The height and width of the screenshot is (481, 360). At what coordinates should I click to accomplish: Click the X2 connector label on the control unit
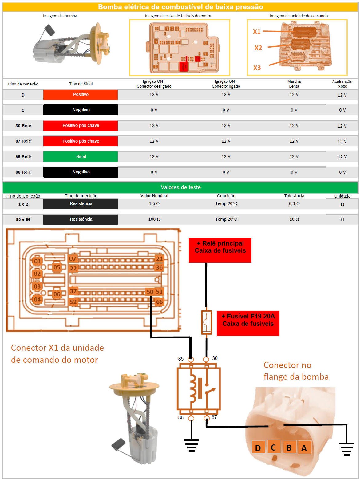(x=258, y=48)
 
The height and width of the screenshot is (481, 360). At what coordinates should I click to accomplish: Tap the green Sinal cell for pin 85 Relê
(x=81, y=156)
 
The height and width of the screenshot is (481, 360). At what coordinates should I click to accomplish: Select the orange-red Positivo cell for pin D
(x=81, y=95)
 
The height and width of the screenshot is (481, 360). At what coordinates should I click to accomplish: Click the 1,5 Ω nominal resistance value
(x=154, y=204)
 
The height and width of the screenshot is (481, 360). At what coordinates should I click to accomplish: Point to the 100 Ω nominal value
(x=154, y=219)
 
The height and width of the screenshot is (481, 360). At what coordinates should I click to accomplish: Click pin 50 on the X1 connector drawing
(x=150, y=292)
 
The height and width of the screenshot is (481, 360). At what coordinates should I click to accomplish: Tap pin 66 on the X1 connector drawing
(x=159, y=302)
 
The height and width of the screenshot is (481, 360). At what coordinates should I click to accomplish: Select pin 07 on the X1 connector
(x=73, y=259)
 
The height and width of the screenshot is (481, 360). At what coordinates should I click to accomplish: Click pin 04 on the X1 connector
(x=37, y=299)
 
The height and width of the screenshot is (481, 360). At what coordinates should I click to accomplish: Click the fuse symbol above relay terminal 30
(x=206, y=322)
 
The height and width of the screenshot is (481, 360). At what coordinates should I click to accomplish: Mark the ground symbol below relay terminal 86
(x=191, y=445)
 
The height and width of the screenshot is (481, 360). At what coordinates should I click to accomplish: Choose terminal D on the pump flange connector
(x=258, y=448)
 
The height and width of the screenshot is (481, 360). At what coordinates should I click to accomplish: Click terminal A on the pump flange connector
(x=304, y=448)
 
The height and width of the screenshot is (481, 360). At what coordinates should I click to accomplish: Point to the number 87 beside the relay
(x=214, y=417)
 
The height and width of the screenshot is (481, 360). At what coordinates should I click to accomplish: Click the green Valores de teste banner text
(x=180, y=187)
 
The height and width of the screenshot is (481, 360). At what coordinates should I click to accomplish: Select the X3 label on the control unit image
(x=257, y=68)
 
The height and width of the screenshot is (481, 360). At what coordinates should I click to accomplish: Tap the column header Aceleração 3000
(x=342, y=84)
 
